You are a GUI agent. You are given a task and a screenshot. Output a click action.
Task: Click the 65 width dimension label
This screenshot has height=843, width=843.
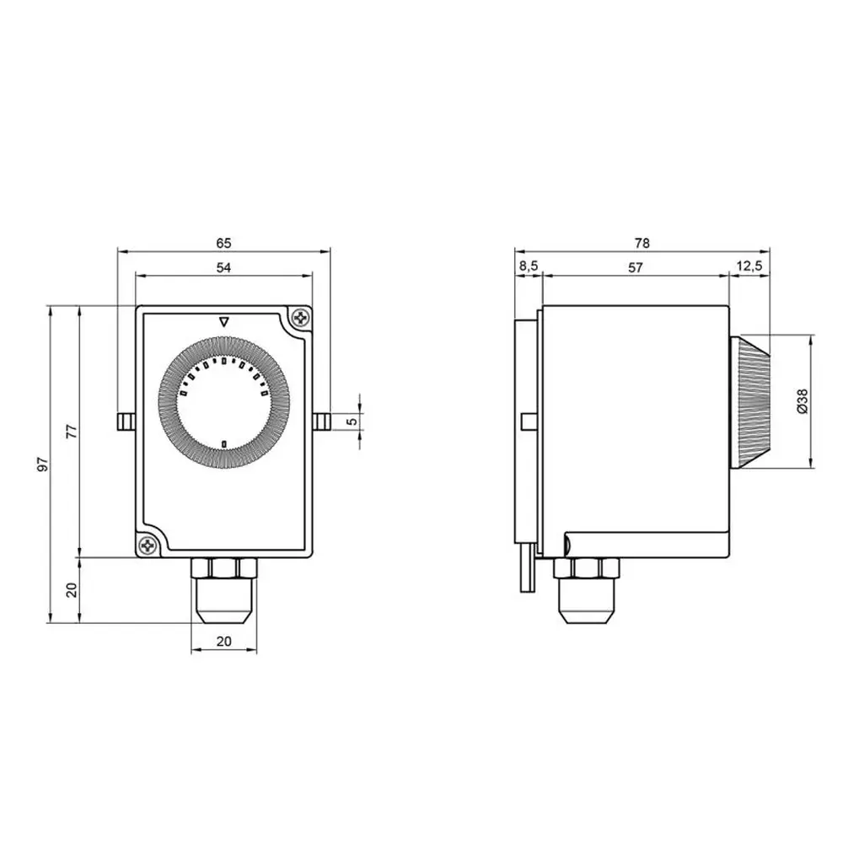point(223,243)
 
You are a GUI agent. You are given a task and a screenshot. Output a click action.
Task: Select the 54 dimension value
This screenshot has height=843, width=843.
point(223,267)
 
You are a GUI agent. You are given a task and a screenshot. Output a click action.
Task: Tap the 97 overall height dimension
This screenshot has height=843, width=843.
point(43,464)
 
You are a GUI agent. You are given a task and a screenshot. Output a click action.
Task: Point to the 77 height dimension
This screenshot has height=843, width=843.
point(72,431)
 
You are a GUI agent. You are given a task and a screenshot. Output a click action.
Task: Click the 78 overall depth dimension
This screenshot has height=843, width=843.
point(642,243)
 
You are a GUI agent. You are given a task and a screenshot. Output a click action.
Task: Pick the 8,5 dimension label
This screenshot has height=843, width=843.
point(529,266)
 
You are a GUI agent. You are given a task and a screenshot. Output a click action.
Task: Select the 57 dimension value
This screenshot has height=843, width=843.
point(636,267)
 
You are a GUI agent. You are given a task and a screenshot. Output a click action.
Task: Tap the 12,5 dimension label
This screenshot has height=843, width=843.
point(749,266)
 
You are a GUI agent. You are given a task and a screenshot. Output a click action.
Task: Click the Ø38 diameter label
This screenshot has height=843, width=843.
point(803,401)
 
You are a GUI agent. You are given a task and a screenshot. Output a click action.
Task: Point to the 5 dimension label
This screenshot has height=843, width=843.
point(352,421)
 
